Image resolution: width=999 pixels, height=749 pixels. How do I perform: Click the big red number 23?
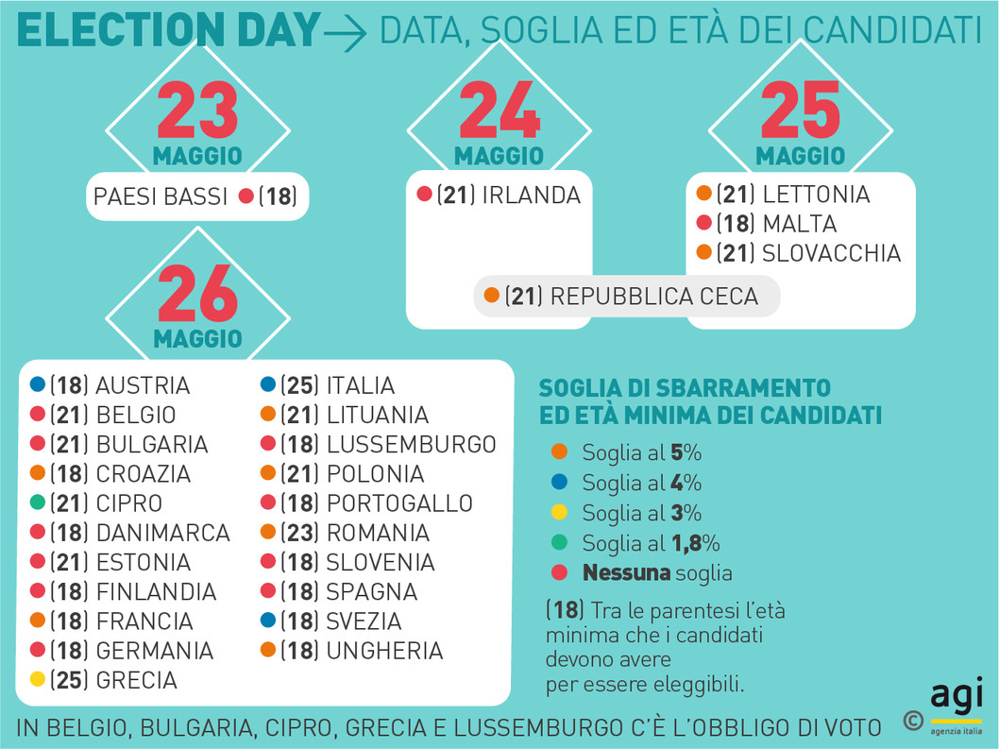[197, 111]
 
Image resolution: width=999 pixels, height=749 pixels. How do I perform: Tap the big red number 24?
[499, 111]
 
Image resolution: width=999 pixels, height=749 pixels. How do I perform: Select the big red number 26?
[197, 294]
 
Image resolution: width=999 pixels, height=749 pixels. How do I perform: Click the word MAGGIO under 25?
[801, 155]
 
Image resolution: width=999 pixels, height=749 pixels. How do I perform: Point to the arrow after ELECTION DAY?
[346, 34]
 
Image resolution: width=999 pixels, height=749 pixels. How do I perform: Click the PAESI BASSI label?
[161, 196]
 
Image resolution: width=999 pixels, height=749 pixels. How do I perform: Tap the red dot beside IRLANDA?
[424, 196]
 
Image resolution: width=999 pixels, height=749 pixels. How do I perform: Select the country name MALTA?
[799, 224]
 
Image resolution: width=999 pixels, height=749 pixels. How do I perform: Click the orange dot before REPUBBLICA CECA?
[491, 296]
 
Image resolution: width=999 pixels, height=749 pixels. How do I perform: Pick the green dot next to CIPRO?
[38, 502]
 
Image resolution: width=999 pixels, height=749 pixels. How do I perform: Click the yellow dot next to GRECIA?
[38, 679]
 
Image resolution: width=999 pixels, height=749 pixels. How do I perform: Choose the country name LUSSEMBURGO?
[411, 444]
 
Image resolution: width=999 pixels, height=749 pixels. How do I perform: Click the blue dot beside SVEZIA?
[268, 621]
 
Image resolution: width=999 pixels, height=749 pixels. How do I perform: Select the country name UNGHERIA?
[384, 650]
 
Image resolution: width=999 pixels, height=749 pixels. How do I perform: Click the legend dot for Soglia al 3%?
[559, 513]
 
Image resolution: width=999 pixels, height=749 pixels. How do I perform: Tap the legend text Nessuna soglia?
[657, 572]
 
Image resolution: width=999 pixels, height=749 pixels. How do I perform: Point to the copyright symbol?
[912, 721]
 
